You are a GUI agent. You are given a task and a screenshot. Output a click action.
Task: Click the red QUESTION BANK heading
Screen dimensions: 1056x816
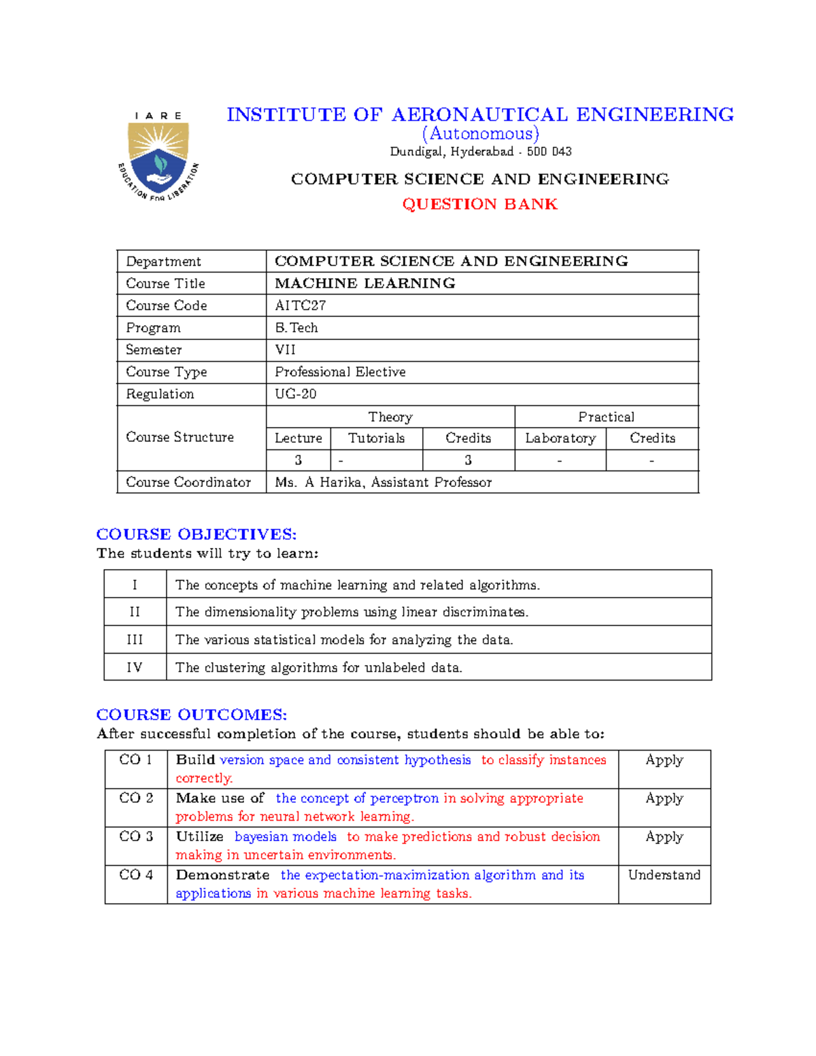(479, 204)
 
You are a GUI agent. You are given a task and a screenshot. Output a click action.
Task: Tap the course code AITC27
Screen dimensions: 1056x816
(300, 305)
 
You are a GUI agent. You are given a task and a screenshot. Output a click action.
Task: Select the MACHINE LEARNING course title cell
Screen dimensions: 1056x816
(364, 283)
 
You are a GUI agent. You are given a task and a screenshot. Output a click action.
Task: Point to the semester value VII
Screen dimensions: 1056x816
(285, 350)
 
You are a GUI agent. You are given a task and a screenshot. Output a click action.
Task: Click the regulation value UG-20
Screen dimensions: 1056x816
(295, 394)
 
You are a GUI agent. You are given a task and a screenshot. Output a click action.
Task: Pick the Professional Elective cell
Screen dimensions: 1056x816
(340, 372)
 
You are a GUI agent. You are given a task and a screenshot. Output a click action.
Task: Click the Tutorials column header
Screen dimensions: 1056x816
(376, 438)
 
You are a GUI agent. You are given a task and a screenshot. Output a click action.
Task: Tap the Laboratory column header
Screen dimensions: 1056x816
(560, 438)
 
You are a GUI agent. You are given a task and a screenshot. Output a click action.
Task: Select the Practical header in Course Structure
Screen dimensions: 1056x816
(606, 417)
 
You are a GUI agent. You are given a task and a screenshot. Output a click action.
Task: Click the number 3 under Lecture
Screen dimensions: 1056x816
(298, 460)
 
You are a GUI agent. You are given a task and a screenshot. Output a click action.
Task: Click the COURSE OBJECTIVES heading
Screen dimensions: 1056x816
(197, 534)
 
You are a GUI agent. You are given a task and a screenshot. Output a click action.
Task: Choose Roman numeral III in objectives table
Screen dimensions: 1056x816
(135, 640)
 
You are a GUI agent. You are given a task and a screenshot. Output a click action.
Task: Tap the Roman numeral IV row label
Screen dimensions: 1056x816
(135, 667)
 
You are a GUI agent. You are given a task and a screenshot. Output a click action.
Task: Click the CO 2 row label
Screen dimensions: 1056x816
(136, 798)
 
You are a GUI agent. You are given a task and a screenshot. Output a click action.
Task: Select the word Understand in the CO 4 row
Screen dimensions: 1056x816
(664, 875)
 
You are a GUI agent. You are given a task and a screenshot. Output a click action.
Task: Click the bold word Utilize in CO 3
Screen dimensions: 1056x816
(199, 836)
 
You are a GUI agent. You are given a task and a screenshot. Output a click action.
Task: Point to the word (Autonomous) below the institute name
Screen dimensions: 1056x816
(480, 133)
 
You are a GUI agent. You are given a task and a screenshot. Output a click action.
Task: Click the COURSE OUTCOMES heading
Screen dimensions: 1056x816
(192, 715)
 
